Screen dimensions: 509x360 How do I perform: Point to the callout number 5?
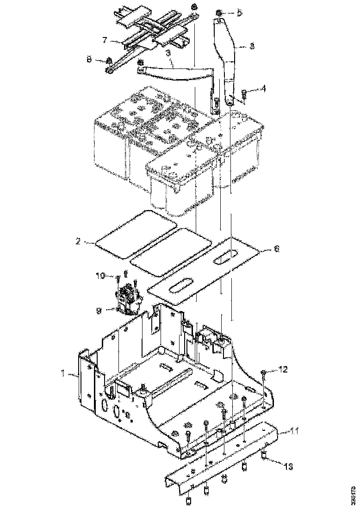pos(239,12)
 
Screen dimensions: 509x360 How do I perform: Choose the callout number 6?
pos(276,249)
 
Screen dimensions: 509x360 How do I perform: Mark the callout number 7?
pos(105,40)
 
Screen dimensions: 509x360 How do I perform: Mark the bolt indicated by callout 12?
pos(263,374)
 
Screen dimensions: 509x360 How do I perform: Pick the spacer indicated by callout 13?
pos(264,456)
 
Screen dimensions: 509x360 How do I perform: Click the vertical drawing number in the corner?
pos(354,496)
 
